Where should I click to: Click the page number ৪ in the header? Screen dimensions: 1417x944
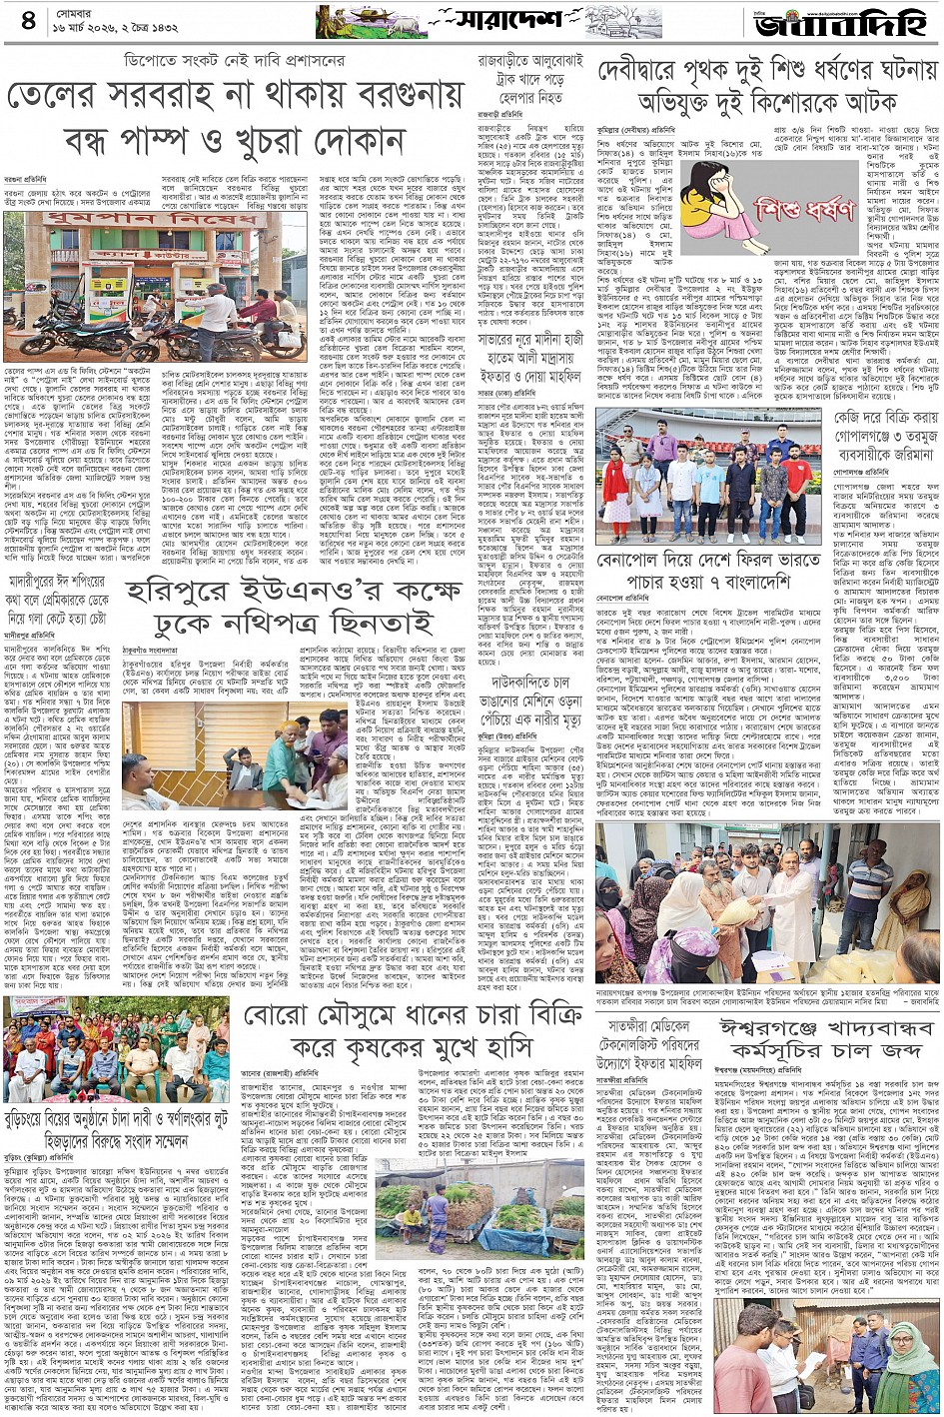click(x=26, y=19)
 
